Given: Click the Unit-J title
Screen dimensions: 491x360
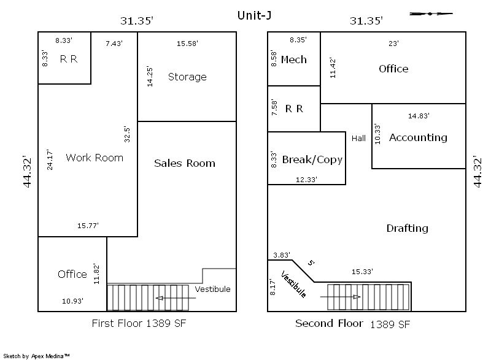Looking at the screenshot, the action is coord(254,15).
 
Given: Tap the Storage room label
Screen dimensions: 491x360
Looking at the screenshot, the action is coord(187,77).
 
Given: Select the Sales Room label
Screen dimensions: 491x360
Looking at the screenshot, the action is coord(185,163).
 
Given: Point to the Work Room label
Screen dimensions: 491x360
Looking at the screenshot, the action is coord(95,158).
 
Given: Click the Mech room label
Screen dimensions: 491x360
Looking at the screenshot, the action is coord(294,59).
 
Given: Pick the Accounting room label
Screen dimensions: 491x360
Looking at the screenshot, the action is coord(418,138).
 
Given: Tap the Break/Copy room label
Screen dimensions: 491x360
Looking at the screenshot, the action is coord(312,159).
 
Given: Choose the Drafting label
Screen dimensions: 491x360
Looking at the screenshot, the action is coord(407,228).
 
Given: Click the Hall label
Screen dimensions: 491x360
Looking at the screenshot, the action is coord(358,138).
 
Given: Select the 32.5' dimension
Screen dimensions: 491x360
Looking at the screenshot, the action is coord(127,134).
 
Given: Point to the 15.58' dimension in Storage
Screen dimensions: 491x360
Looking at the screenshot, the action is coord(187,44).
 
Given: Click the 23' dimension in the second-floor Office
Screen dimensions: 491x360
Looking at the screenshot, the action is coord(393,44).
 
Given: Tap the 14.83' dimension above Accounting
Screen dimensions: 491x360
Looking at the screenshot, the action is coord(419,116).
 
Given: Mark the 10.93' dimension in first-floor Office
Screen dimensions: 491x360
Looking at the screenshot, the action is coord(72,301).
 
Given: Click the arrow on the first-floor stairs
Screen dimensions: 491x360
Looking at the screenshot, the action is coord(176,298).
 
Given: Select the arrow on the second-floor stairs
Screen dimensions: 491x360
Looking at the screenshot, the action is coord(340,297).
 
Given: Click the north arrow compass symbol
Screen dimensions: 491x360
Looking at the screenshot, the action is coord(431,13).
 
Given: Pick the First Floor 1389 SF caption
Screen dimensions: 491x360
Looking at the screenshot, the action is coord(139,323).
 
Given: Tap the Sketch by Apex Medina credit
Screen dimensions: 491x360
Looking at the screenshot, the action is coord(36,356).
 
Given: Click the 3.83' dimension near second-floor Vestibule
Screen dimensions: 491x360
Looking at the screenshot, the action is coord(282,255).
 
